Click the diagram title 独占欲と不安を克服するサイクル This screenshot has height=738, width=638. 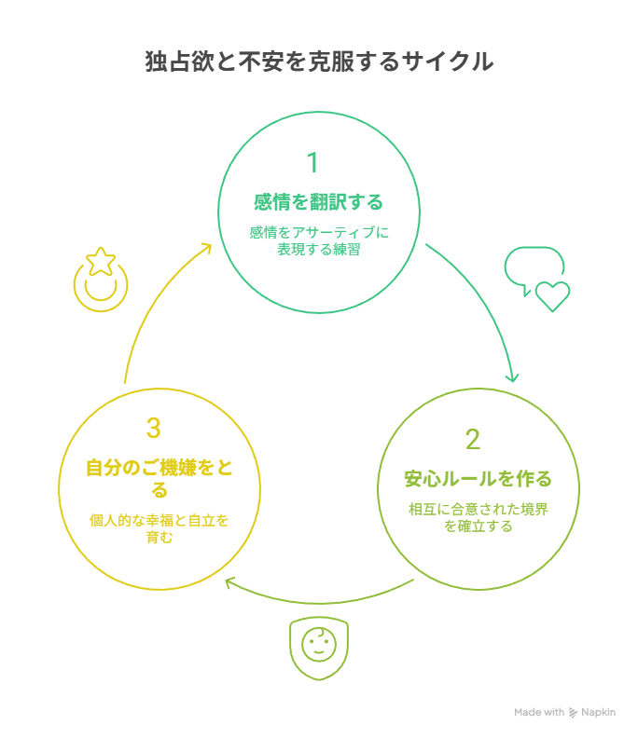[x=319, y=62]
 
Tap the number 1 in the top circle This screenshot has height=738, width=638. [x=312, y=163]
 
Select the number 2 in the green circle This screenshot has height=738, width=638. [x=473, y=439]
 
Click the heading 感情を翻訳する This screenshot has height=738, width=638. [x=319, y=202]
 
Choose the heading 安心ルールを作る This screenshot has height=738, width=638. [x=478, y=479]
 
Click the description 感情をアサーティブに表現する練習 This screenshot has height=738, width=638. [x=319, y=240]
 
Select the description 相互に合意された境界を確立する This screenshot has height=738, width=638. [x=478, y=517]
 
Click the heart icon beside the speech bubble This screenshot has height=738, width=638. [x=552, y=296]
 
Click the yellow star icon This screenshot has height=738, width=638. [x=100, y=262]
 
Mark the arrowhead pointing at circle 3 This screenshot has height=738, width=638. [x=229, y=582]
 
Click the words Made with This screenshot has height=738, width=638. [x=539, y=713]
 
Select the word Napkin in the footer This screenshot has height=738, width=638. [x=600, y=713]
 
